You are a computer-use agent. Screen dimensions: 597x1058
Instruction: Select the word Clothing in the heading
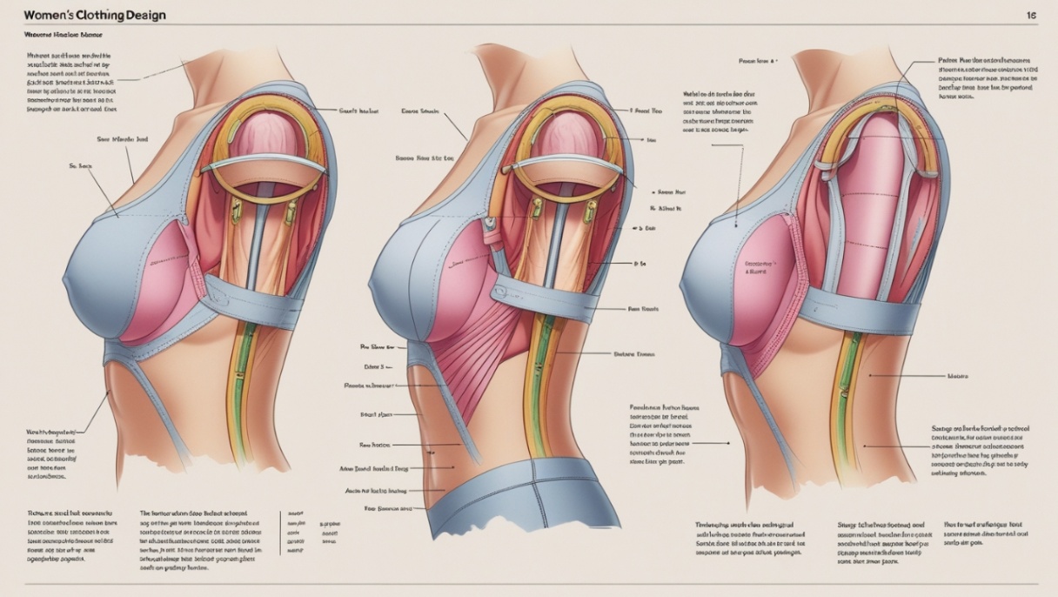click(105, 16)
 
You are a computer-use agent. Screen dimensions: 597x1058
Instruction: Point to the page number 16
click(1031, 16)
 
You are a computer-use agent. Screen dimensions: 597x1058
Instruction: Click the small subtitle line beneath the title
click(63, 36)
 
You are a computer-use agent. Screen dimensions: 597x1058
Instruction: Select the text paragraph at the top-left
click(69, 83)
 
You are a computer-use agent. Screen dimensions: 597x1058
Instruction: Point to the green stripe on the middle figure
click(544, 383)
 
